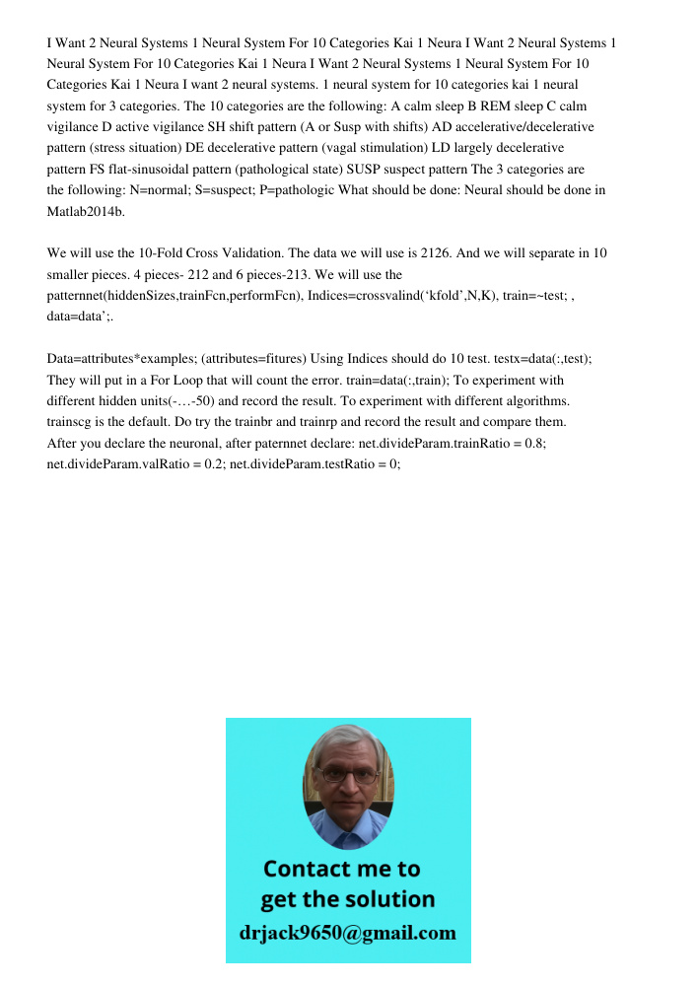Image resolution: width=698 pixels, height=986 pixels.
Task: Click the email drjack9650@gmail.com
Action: pyautogui.click(x=348, y=933)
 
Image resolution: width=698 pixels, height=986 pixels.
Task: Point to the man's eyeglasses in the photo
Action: pyautogui.click(x=348, y=776)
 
